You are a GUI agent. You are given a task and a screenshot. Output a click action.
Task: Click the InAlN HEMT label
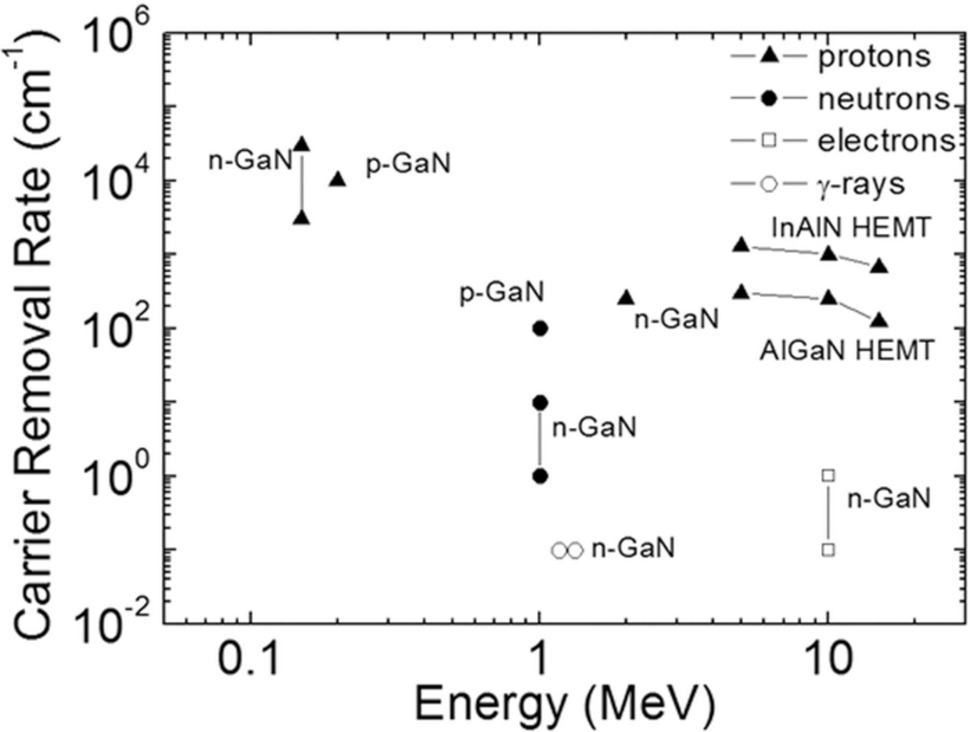(x=850, y=227)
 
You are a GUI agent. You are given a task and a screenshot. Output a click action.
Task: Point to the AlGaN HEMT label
(x=846, y=351)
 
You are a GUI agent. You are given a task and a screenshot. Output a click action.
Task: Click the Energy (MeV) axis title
(x=565, y=704)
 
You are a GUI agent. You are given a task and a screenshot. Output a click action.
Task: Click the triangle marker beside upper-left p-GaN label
(x=337, y=179)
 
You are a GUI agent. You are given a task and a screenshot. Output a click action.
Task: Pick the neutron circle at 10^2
(x=540, y=328)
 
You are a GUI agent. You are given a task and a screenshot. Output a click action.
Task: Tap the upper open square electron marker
(x=829, y=475)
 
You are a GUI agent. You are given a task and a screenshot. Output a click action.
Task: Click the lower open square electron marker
(x=829, y=550)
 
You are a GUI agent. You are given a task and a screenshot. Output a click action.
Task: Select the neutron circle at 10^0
(x=540, y=477)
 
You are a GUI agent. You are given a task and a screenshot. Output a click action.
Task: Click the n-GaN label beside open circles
(x=633, y=549)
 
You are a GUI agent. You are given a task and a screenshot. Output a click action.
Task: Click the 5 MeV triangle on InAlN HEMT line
(x=742, y=245)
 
